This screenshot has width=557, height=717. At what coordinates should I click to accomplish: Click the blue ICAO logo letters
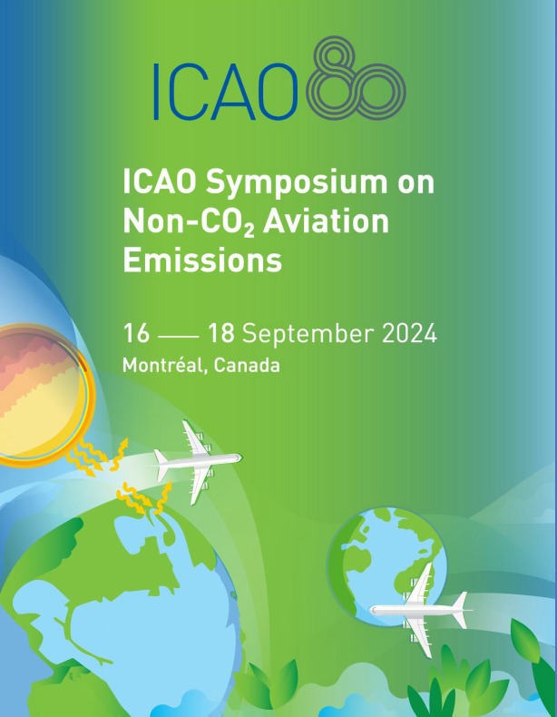226,92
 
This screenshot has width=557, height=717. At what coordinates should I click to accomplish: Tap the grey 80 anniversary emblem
356,79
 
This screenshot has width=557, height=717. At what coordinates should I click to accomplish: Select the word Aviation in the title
327,221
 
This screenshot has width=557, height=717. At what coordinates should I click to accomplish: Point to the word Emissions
202,260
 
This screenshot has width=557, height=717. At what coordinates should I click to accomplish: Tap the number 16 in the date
136,333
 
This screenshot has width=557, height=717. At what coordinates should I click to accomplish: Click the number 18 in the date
221,333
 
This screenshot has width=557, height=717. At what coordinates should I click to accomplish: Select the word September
308,334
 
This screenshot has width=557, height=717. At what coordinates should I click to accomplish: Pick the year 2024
409,333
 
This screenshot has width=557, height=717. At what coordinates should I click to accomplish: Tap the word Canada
247,366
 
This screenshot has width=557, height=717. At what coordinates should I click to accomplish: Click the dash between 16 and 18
178,337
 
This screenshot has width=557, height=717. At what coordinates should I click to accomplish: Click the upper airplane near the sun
198,462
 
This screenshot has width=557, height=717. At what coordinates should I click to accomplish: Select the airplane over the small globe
420,610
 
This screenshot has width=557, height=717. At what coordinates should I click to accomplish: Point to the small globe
386,566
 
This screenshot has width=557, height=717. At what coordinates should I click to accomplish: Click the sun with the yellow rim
41,395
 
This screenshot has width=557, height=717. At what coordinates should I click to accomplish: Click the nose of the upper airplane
239,457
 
